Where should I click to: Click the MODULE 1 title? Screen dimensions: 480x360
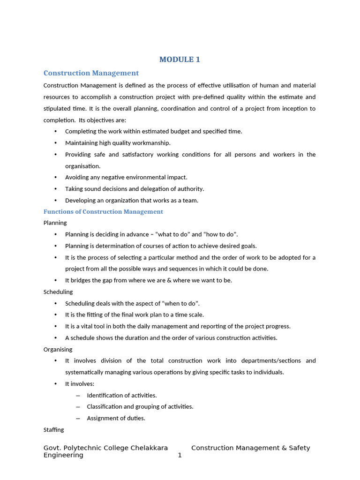[x=180, y=60]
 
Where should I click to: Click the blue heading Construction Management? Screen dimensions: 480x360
[x=91, y=73]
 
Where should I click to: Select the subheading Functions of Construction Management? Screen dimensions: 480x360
[x=103, y=212]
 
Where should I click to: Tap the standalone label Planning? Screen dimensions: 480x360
[x=55, y=223]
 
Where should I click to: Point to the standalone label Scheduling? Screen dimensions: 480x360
[x=58, y=292]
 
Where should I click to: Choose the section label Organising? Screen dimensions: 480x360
[x=58, y=349]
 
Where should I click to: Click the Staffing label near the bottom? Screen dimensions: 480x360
[x=53, y=429]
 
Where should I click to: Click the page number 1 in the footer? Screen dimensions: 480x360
[x=180, y=455]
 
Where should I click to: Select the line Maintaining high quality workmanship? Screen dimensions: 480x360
[x=118, y=143]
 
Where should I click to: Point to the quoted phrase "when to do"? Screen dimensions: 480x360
[x=180, y=303]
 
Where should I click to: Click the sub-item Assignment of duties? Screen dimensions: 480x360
[x=116, y=418]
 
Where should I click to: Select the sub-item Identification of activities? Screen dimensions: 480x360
[x=122, y=395]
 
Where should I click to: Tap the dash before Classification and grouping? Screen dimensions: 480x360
[x=78, y=407]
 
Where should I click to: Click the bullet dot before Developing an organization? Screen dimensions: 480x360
[x=55, y=200]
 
